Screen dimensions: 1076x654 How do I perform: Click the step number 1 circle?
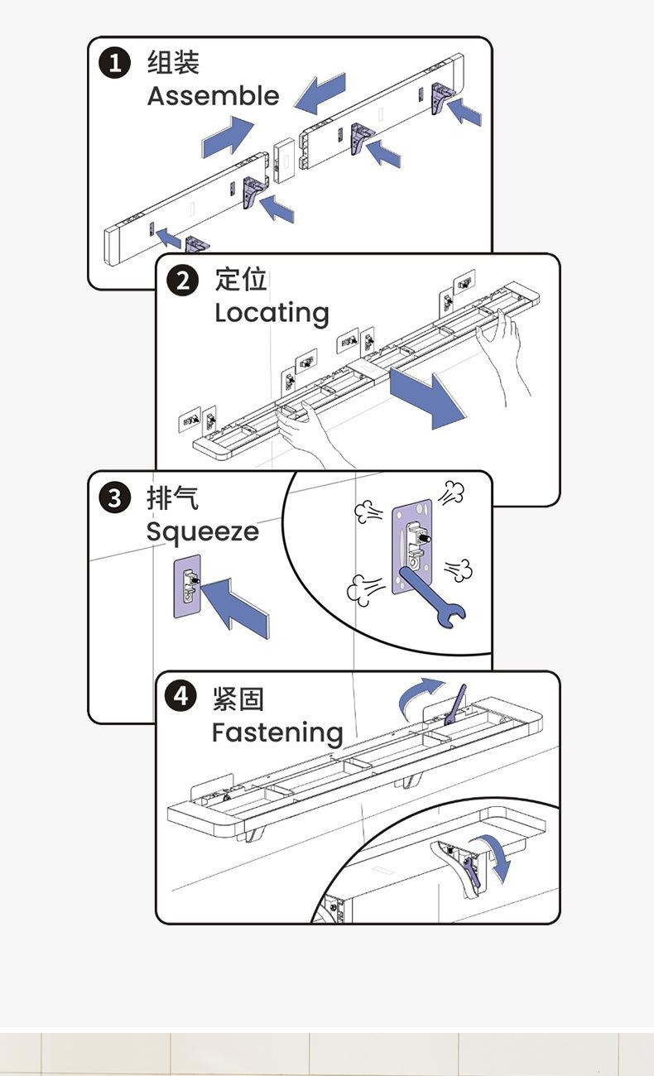tap(115, 63)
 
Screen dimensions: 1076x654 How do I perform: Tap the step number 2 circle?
tap(183, 280)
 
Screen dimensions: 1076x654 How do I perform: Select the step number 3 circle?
tap(114, 498)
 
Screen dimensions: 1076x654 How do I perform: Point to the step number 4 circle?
tap(180, 697)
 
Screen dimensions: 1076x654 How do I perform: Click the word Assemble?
tap(213, 96)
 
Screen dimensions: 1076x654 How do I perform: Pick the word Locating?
tap(272, 313)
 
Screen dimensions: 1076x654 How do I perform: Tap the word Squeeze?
tap(202, 531)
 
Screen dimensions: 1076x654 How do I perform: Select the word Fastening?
tap(277, 733)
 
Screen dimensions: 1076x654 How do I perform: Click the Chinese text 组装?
tap(173, 63)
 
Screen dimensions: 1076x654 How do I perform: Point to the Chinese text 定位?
tap(241, 280)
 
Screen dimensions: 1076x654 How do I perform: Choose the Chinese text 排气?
tap(172, 498)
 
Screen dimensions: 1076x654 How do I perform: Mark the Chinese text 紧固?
tap(238, 699)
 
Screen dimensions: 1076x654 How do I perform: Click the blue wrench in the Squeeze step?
tap(432, 597)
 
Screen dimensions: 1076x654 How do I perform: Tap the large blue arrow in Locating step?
tap(427, 396)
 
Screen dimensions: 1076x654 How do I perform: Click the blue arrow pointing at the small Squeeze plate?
tap(236, 608)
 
